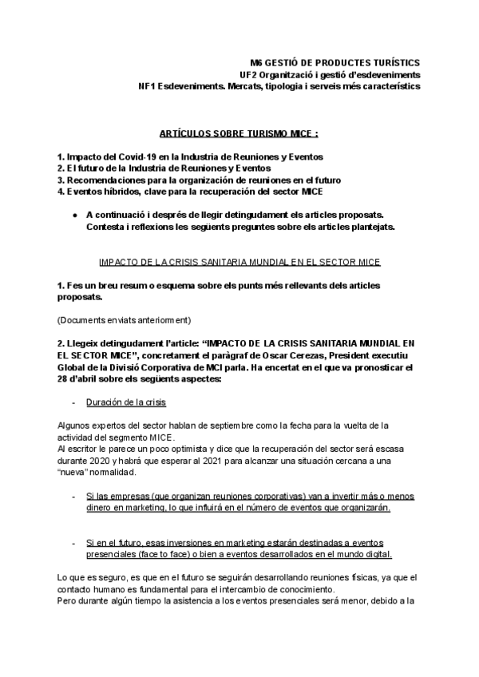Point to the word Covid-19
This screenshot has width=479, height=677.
[131, 157]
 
